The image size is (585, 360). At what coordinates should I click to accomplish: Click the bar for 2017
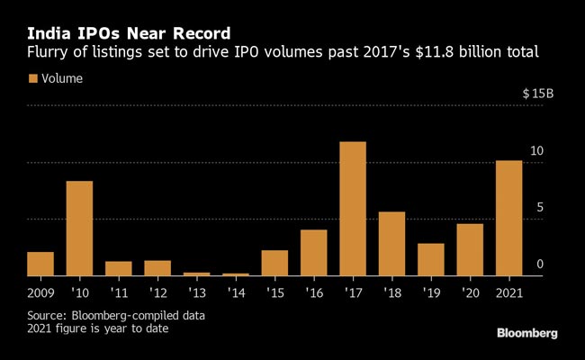click(353, 209)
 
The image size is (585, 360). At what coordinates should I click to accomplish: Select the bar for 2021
click(508, 218)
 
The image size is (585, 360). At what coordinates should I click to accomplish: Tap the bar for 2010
click(79, 229)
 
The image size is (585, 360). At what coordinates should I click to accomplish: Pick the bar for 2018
click(391, 244)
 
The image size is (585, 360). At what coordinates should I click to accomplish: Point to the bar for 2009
click(40, 264)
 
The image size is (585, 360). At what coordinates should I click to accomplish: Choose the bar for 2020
click(470, 249)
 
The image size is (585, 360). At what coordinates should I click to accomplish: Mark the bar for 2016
click(313, 253)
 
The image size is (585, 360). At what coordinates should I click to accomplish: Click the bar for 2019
click(430, 259)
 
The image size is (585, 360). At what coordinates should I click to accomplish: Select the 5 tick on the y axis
click(540, 207)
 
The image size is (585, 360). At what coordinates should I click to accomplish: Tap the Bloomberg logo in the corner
click(526, 333)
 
